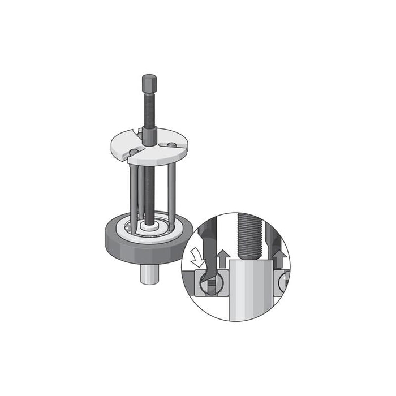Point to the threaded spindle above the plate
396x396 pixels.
coord(149,110)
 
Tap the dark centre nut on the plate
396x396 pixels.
coord(149,136)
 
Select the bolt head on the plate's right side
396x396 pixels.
coord(171,145)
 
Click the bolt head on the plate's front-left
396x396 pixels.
coord(134,152)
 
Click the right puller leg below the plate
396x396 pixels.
coord(171,192)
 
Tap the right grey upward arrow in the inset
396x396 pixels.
coord(278,259)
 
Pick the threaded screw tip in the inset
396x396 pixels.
coord(249,238)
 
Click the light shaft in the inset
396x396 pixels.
coord(249,289)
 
